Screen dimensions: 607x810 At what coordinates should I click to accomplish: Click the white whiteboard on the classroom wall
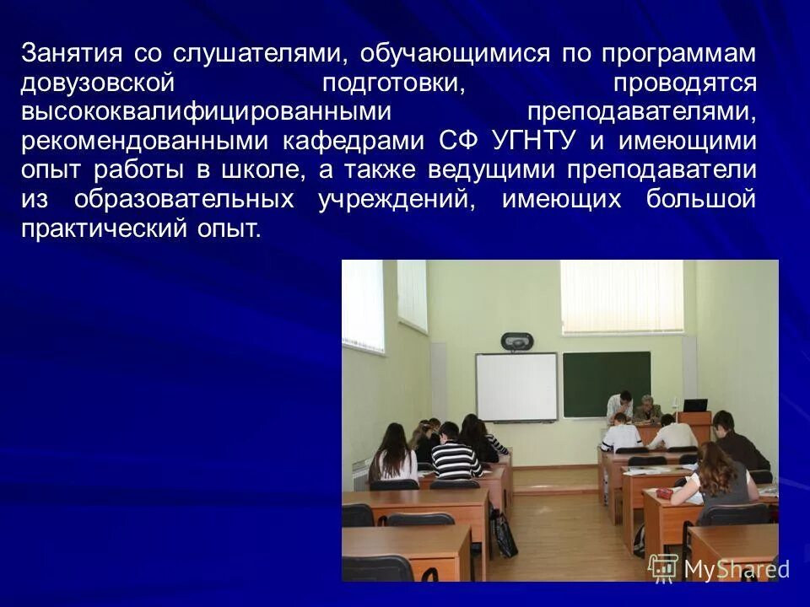tap(516, 386)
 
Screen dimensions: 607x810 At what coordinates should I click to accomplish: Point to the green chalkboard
tap(607, 384)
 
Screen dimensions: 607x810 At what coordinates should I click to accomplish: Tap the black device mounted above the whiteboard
tap(516, 341)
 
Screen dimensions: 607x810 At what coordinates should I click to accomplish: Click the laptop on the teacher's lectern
tap(694, 406)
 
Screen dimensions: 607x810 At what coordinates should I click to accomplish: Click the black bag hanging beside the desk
tap(505, 534)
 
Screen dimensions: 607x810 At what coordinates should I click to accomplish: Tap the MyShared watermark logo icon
tap(663, 567)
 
